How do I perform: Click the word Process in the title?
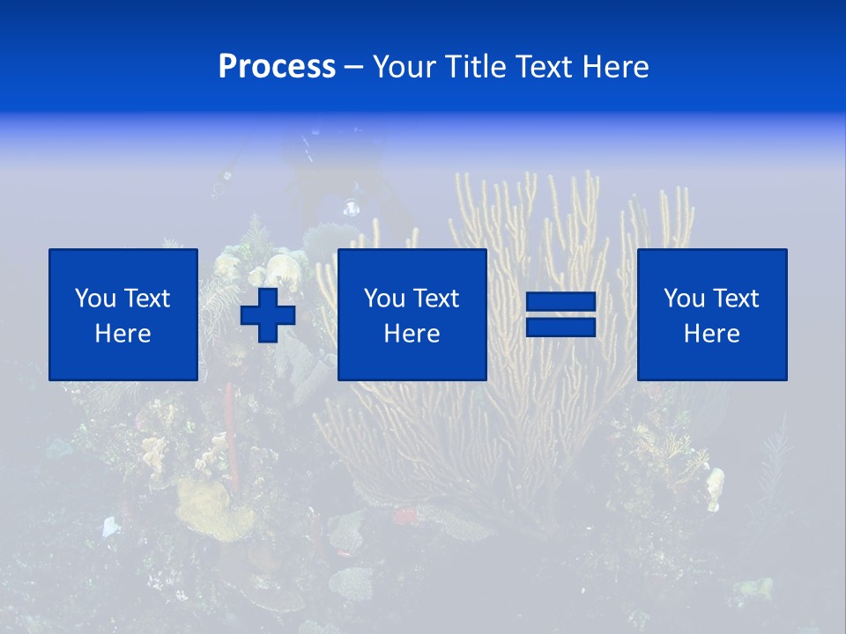pyautogui.click(x=277, y=67)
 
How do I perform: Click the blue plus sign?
pyautogui.click(x=268, y=314)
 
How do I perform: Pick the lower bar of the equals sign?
pyautogui.click(x=560, y=327)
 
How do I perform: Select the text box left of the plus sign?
pyautogui.click(x=123, y=314)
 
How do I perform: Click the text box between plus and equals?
pyautogui.click(x=412, y=314)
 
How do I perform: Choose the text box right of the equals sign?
pyautogui.click(x=712, y=314)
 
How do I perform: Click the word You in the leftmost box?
pyautogui.click(x=95, y=299)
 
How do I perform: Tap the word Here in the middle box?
pyautogui.click(x=412, y=334)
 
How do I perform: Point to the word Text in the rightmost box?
pyautogui.click(x=736, y=299)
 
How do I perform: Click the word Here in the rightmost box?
pyautogui.click(x=712, y=334)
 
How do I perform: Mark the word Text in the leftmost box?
pyautogui.click(x=146, y=299)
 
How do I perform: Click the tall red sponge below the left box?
pyautogui.click(x=230, y=423)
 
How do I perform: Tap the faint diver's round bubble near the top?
pyautogui.click(x=351, y=209)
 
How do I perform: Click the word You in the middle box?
pyautogui.click(x=384, y=299)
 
